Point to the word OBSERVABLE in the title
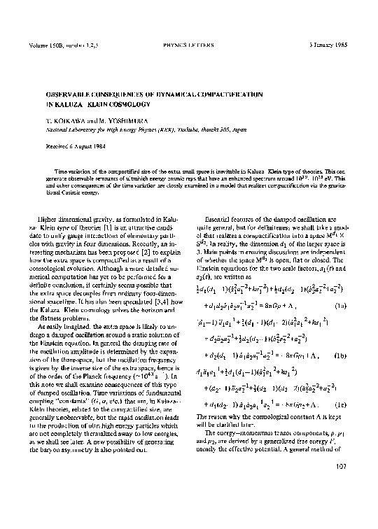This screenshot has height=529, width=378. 73,92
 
